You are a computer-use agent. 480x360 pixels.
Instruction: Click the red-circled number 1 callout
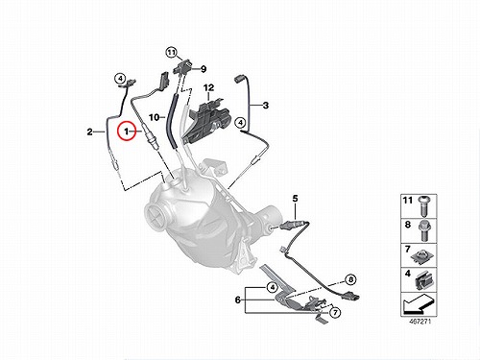click(x=127, y=132)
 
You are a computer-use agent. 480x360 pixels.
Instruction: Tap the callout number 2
click(x=90, y=132)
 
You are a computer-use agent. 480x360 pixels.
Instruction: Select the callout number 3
click(x=266, y=106)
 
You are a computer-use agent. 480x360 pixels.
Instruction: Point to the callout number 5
click(x=295, y=199)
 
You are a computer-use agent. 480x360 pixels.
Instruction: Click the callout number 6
click(x=238, y=300)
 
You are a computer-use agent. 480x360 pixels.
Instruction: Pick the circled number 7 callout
click(x=335, y=312)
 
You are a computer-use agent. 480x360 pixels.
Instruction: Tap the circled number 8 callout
click(x=350, y=279)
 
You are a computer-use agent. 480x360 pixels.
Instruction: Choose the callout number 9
click(x=204, y=69)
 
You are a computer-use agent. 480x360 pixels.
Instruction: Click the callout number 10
click(x=155, y=117)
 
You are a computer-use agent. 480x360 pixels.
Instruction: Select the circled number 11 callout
click(x=172, y=52)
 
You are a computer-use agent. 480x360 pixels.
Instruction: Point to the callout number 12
click(x=208, y=87)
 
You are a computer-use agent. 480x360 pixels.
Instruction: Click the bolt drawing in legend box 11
click(x=423, y=206)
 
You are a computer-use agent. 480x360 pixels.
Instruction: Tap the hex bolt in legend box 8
click(x=423, y=231)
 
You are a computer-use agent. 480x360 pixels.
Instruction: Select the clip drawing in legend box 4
click(x=423, y=280)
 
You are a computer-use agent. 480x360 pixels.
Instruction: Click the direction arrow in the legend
click(x=418, y=304)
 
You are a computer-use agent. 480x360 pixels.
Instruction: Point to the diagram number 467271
click(x=420, y=321)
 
